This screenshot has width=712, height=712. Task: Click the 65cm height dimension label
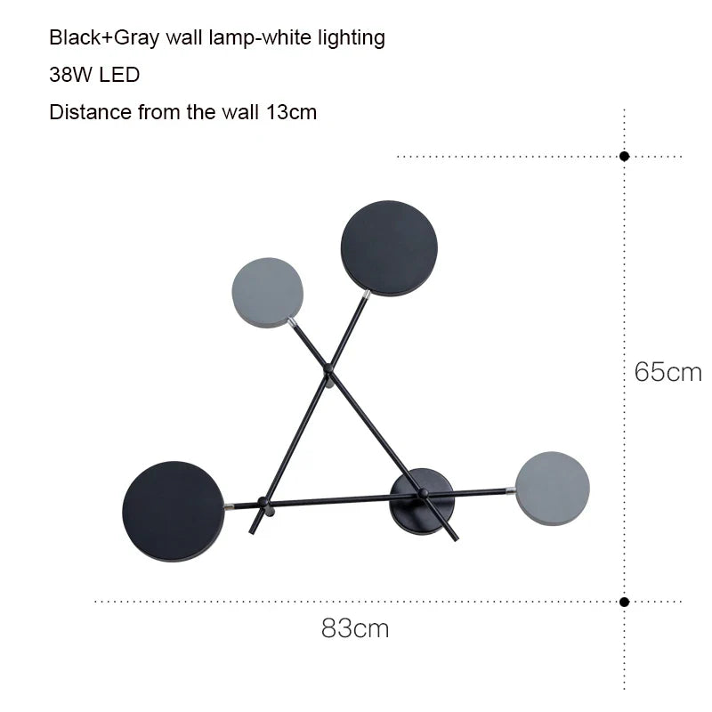click(x=667, y=371)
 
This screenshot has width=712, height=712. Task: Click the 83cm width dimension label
click(x=355, y=628)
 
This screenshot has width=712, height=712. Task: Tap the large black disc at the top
click(x=390, y=248)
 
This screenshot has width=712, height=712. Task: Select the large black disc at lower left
click(x=172, y=511)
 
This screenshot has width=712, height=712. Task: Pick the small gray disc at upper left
click(x=267, y=293)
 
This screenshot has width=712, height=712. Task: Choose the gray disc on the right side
click(x=553, y=488)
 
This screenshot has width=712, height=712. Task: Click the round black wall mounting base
click(x=422, y=502)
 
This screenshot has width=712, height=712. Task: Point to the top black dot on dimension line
click(x=625, y=156)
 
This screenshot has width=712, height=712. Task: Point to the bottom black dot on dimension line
click(x=625, y=602)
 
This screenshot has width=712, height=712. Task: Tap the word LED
click(x=119, y=76)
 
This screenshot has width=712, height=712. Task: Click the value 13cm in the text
click(x=291, y=113)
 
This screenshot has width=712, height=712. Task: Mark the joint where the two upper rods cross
click(x=328, y=367)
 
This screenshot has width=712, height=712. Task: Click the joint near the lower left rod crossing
click(x=262, y=503)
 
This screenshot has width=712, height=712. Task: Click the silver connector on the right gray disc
click(x=511, y=490)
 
